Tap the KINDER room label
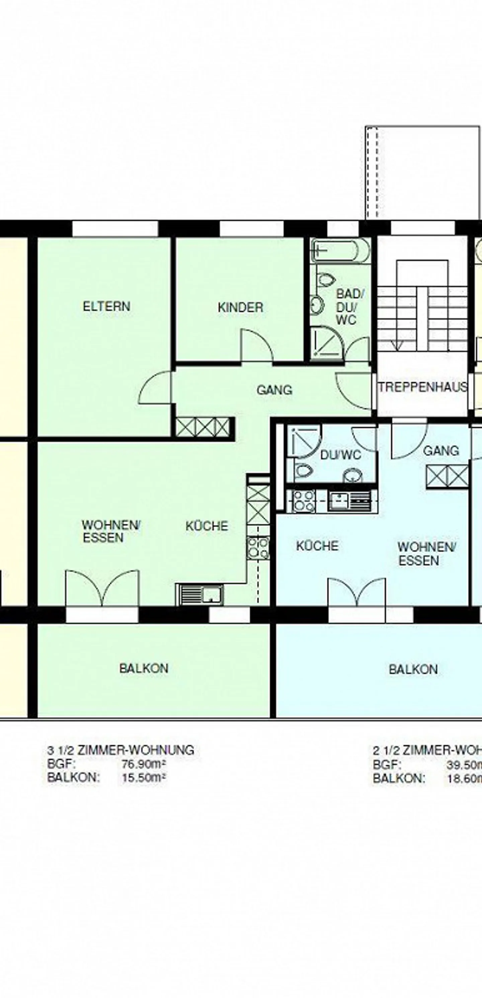(240, 308)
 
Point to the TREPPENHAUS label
(423, 387)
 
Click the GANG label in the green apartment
(274, 390)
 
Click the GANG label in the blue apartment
(441, 451)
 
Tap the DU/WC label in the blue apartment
(340, 455)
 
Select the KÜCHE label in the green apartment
(207, 526)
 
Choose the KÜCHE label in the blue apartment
(317, 546)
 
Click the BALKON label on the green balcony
(144, 668)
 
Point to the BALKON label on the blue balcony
(413, 669)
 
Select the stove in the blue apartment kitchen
(303, 501)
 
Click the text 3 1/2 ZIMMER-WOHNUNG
(120, 750)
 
